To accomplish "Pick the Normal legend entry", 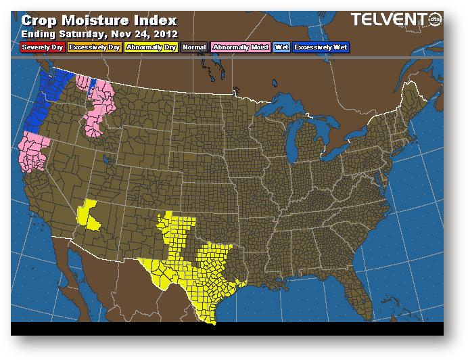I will coord(194,47).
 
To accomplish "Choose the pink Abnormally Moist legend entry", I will coord(239,47).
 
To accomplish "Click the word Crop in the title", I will coord(40,20).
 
